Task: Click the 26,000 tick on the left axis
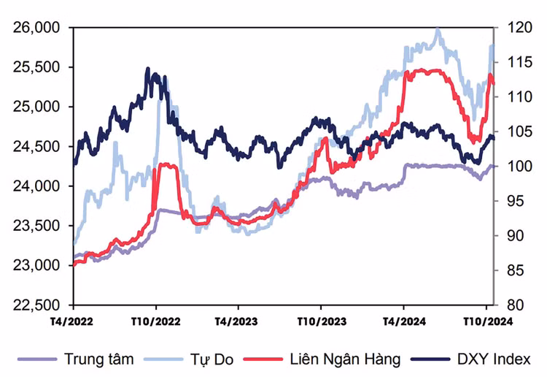[x=36, y=28]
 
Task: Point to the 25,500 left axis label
[x=36, y=67]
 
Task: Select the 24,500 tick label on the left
[x=36, y=146]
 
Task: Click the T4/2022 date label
[x=72, y=321]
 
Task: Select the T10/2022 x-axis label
[x=155, y=321]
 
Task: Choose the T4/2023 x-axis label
[x=237, y=321]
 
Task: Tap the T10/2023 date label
[x=320, y=321]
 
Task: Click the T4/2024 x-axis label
[x=403, y=321]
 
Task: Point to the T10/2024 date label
[x=486, y=321]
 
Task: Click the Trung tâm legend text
[x=98, y=359]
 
